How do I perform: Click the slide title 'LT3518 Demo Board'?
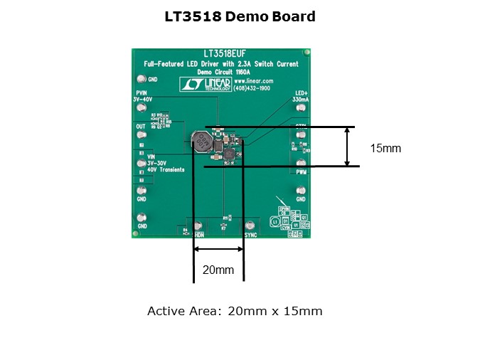240,16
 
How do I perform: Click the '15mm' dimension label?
386,148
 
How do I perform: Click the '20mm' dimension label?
218,270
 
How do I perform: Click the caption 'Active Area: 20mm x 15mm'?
235,311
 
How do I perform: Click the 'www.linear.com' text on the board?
258,80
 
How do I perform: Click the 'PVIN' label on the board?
141,93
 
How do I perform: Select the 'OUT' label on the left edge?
141,125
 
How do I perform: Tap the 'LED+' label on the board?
301,93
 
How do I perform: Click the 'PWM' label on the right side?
302,172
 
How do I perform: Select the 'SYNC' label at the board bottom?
250,233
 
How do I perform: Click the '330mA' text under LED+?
300,100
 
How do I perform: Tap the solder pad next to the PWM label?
302,162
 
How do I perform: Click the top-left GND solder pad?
142,78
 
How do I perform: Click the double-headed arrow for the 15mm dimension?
347,147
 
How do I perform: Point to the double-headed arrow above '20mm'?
218,249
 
